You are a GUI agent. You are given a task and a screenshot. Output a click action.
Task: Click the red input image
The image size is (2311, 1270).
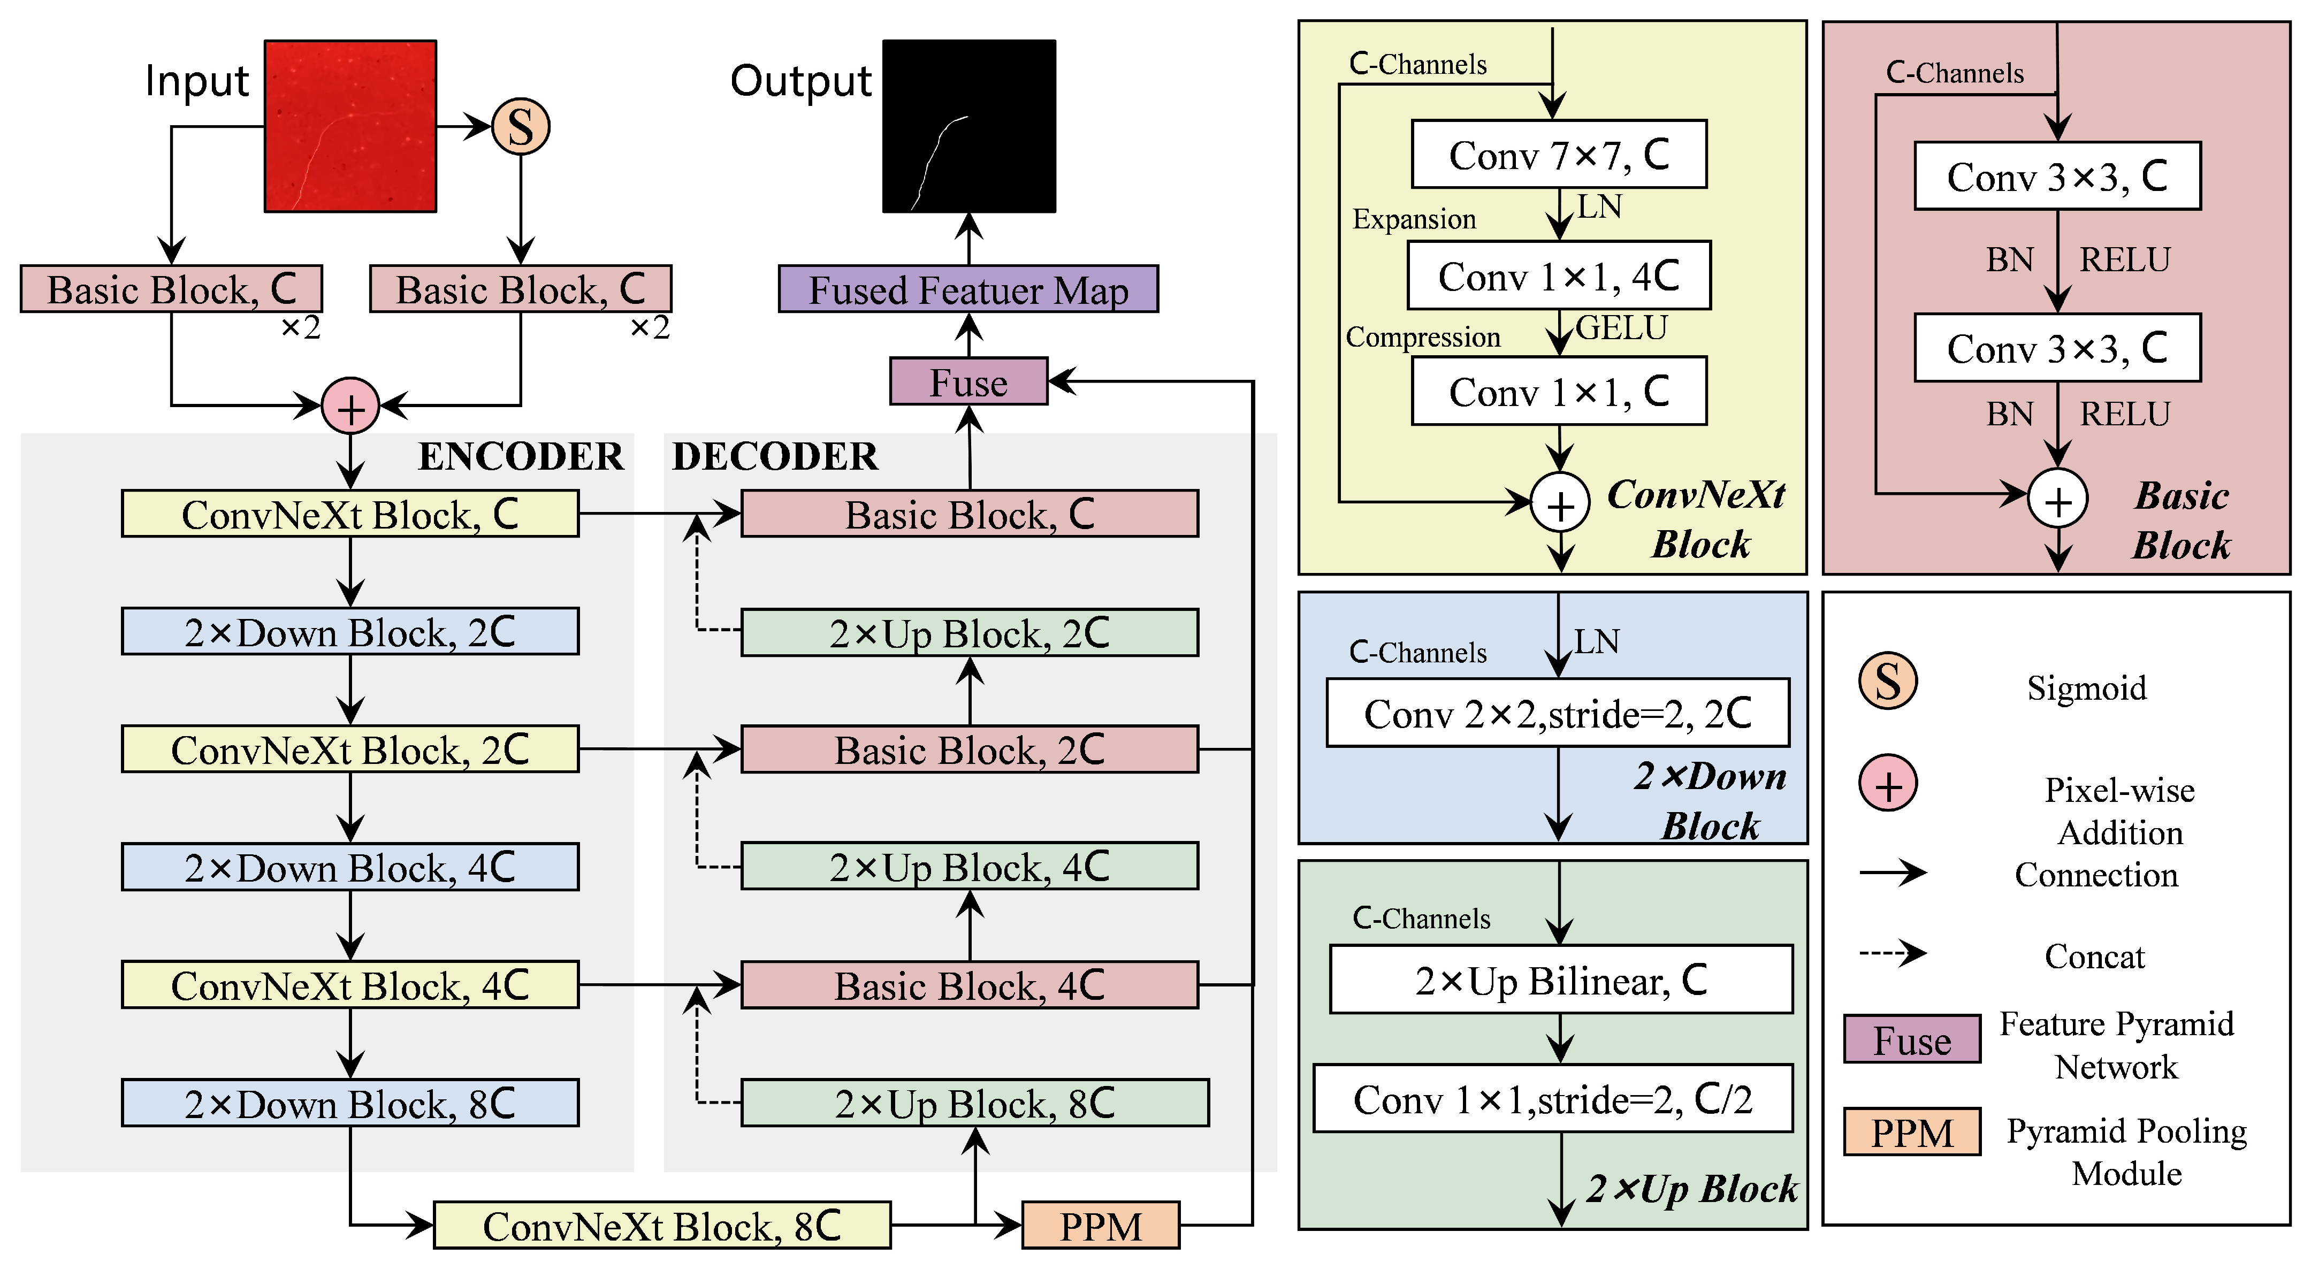(x=350, y=126)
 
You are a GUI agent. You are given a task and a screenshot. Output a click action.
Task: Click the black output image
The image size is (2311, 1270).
(x=969, y=126)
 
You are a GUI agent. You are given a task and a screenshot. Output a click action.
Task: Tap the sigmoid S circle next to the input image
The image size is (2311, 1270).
(x=520, y=126)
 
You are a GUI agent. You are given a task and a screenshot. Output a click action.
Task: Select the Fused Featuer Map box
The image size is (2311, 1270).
(x=968, y=289)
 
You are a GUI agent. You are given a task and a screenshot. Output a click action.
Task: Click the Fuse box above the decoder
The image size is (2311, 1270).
(x=968, y=381)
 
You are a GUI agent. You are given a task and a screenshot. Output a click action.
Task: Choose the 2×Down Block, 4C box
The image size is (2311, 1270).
(x=350, y=867)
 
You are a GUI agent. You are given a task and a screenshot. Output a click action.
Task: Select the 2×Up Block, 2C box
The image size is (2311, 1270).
(x=969, y=632)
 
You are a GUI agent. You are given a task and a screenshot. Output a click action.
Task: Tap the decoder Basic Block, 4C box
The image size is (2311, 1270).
(x=969, y=985)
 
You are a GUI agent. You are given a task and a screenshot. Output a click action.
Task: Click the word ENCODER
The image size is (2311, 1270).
(x=520, y=456)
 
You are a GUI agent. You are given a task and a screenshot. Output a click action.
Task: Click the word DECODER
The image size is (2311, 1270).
(x=775, y=456)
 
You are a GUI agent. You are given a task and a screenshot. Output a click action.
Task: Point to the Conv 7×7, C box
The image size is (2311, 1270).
(x=1559, y=154)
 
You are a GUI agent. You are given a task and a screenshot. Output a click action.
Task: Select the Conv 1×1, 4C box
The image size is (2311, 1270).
(x=1559, y=276)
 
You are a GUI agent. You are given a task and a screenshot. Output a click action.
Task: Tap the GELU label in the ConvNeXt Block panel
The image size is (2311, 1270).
(x=1622, y=328)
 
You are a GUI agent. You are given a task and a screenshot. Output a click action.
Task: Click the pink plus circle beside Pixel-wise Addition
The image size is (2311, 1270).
(x=1888, y=783)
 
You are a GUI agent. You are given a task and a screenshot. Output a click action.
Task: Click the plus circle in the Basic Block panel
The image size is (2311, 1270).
(x=2058, y=499)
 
